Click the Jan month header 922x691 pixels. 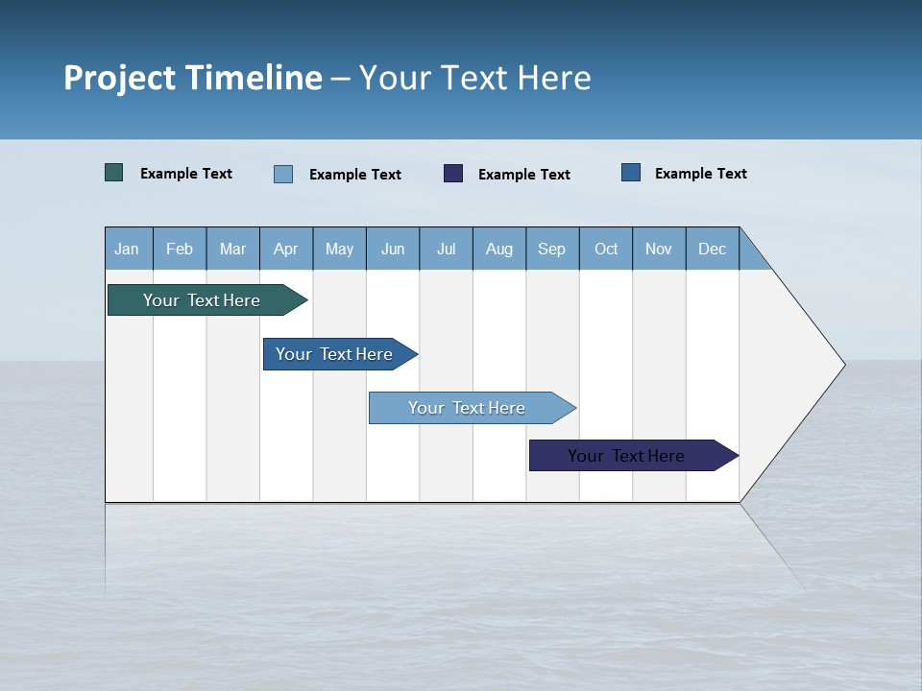coord(128,249)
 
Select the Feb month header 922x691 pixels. coord(180,249)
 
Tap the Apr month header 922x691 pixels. coord(286,249)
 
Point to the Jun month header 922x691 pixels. coord(393,249)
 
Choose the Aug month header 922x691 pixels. coord(499,249)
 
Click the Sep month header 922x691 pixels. coord(552,249)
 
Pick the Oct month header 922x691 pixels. coord(606,249)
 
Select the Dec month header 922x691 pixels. coord(713,249)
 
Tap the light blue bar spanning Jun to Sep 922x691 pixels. coord(468,408)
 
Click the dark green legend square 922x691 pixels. coord(114,173)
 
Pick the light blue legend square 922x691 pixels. coord(283,174)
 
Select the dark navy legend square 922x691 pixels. coord(453,173)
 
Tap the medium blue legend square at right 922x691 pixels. coord(631,173)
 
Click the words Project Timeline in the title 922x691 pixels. coord(192,78)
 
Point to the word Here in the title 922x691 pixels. coord(554,78)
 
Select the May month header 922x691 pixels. coord(339,249)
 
